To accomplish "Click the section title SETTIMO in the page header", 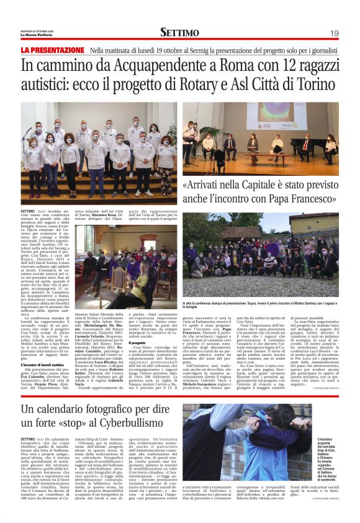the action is click(180, 32).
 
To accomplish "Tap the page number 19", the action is click(334, 33).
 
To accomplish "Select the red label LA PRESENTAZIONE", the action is click(53, 50).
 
